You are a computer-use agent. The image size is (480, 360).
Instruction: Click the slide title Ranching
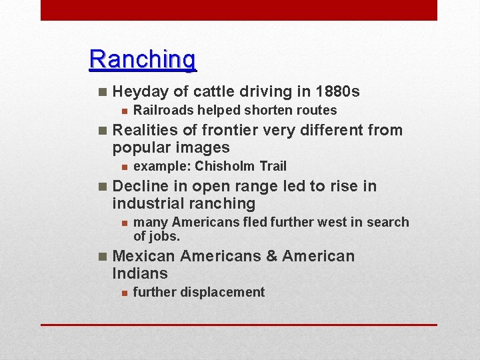click(x=143, y=59)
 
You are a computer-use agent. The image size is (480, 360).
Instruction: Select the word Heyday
click(x=139, y=91)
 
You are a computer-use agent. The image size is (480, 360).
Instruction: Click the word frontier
click(x=231, y=130)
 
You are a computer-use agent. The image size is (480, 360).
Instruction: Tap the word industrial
click(x=147, y=203)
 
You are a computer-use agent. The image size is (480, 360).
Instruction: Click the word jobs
click(x=165, y=236)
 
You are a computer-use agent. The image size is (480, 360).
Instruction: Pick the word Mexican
click(x=144, y=256)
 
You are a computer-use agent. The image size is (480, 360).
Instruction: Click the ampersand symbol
click(x=271, y=256)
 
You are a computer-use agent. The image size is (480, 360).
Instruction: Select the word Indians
click(x=140, y=273)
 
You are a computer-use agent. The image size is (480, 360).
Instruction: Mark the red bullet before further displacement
click(x=123, y=293)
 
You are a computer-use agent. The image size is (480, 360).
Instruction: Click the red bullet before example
click(x=123, y=167)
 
